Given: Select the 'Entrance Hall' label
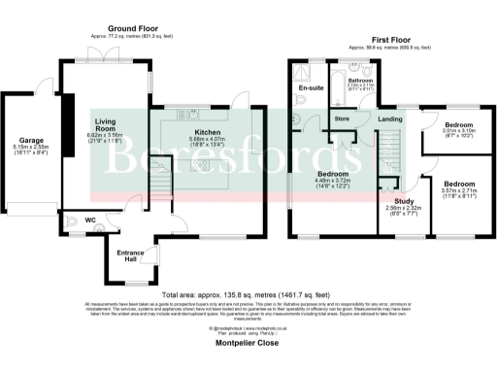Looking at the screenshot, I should (x=130, y=256).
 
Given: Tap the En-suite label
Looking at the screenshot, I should (x=311, y=88).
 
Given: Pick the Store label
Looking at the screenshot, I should (x=342, y=120).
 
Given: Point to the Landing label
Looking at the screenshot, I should (x=390, y=119).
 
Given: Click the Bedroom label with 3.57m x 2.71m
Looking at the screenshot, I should (x=458, y=183).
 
